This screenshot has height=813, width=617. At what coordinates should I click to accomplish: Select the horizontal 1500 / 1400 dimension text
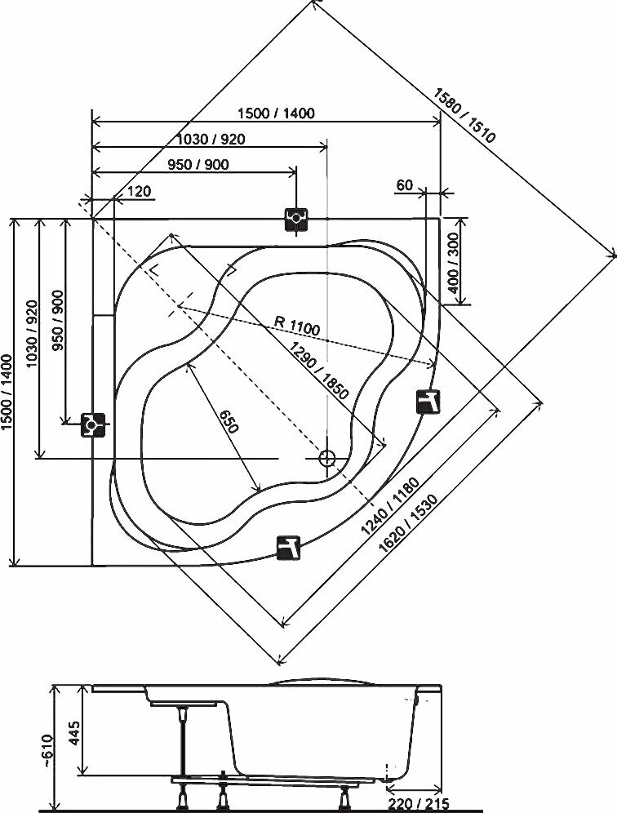[275, 113]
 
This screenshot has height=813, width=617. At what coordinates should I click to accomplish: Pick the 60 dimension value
[405, 185]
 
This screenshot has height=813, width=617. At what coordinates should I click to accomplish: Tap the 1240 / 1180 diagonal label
[391, 505]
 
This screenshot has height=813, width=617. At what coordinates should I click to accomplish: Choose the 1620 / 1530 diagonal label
[409, 523]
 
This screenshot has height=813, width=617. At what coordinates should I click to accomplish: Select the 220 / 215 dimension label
[418, 804]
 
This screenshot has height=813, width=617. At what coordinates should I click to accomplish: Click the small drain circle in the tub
[326, 459]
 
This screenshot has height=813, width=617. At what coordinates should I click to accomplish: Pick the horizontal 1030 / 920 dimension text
[211, 139]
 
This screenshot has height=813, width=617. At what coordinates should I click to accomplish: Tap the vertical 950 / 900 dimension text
[58, 320]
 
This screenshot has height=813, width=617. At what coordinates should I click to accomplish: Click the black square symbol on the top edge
[296, 219]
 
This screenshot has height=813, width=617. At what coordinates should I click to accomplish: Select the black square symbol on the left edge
[93, 424]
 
